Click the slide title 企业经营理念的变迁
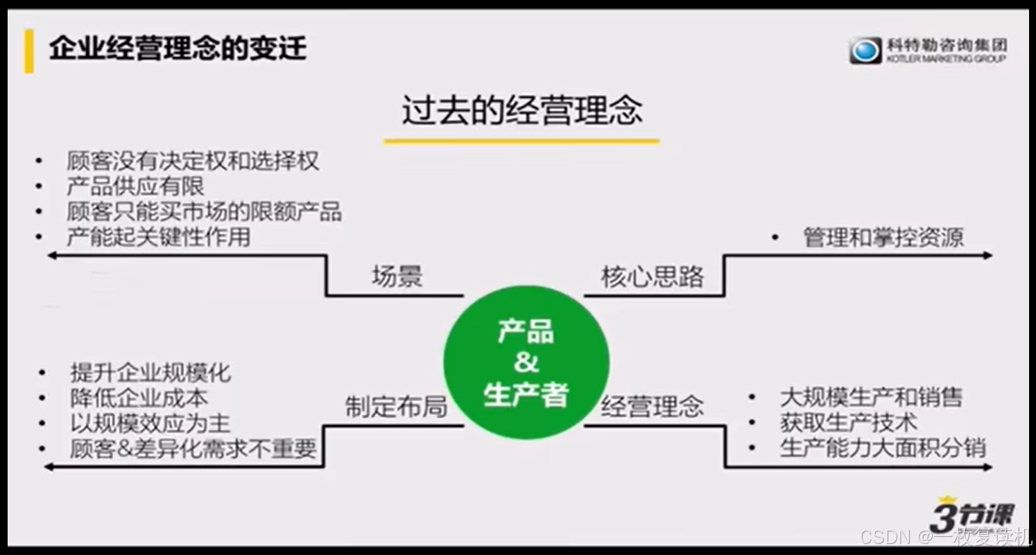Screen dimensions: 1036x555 [178, 49]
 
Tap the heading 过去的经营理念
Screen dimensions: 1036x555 [521, 110]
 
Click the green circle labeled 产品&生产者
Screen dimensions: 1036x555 [526, 362]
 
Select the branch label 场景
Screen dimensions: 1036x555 [397, 277]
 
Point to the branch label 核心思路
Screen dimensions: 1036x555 [652, 277]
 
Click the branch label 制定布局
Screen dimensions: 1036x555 [396, 407]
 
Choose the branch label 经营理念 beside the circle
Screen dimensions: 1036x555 [652, 407]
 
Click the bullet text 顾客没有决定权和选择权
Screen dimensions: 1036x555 [193, 161]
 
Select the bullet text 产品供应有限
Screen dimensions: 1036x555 [135, 186]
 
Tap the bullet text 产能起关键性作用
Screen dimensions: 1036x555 [158, 237]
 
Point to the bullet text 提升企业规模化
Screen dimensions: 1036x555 [150, 373]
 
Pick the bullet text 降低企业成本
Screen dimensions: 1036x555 [139, 398]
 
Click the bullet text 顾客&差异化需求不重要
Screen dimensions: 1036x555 [193, 449]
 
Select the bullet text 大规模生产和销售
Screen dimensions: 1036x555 [871, 398]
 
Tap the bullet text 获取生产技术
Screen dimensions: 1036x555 [848, 423]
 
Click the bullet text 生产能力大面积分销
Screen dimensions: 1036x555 [882, 448]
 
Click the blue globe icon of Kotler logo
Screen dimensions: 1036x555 [865, 51]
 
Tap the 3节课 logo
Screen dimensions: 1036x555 [970, 515]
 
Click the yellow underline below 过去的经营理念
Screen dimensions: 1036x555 [521, 141]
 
